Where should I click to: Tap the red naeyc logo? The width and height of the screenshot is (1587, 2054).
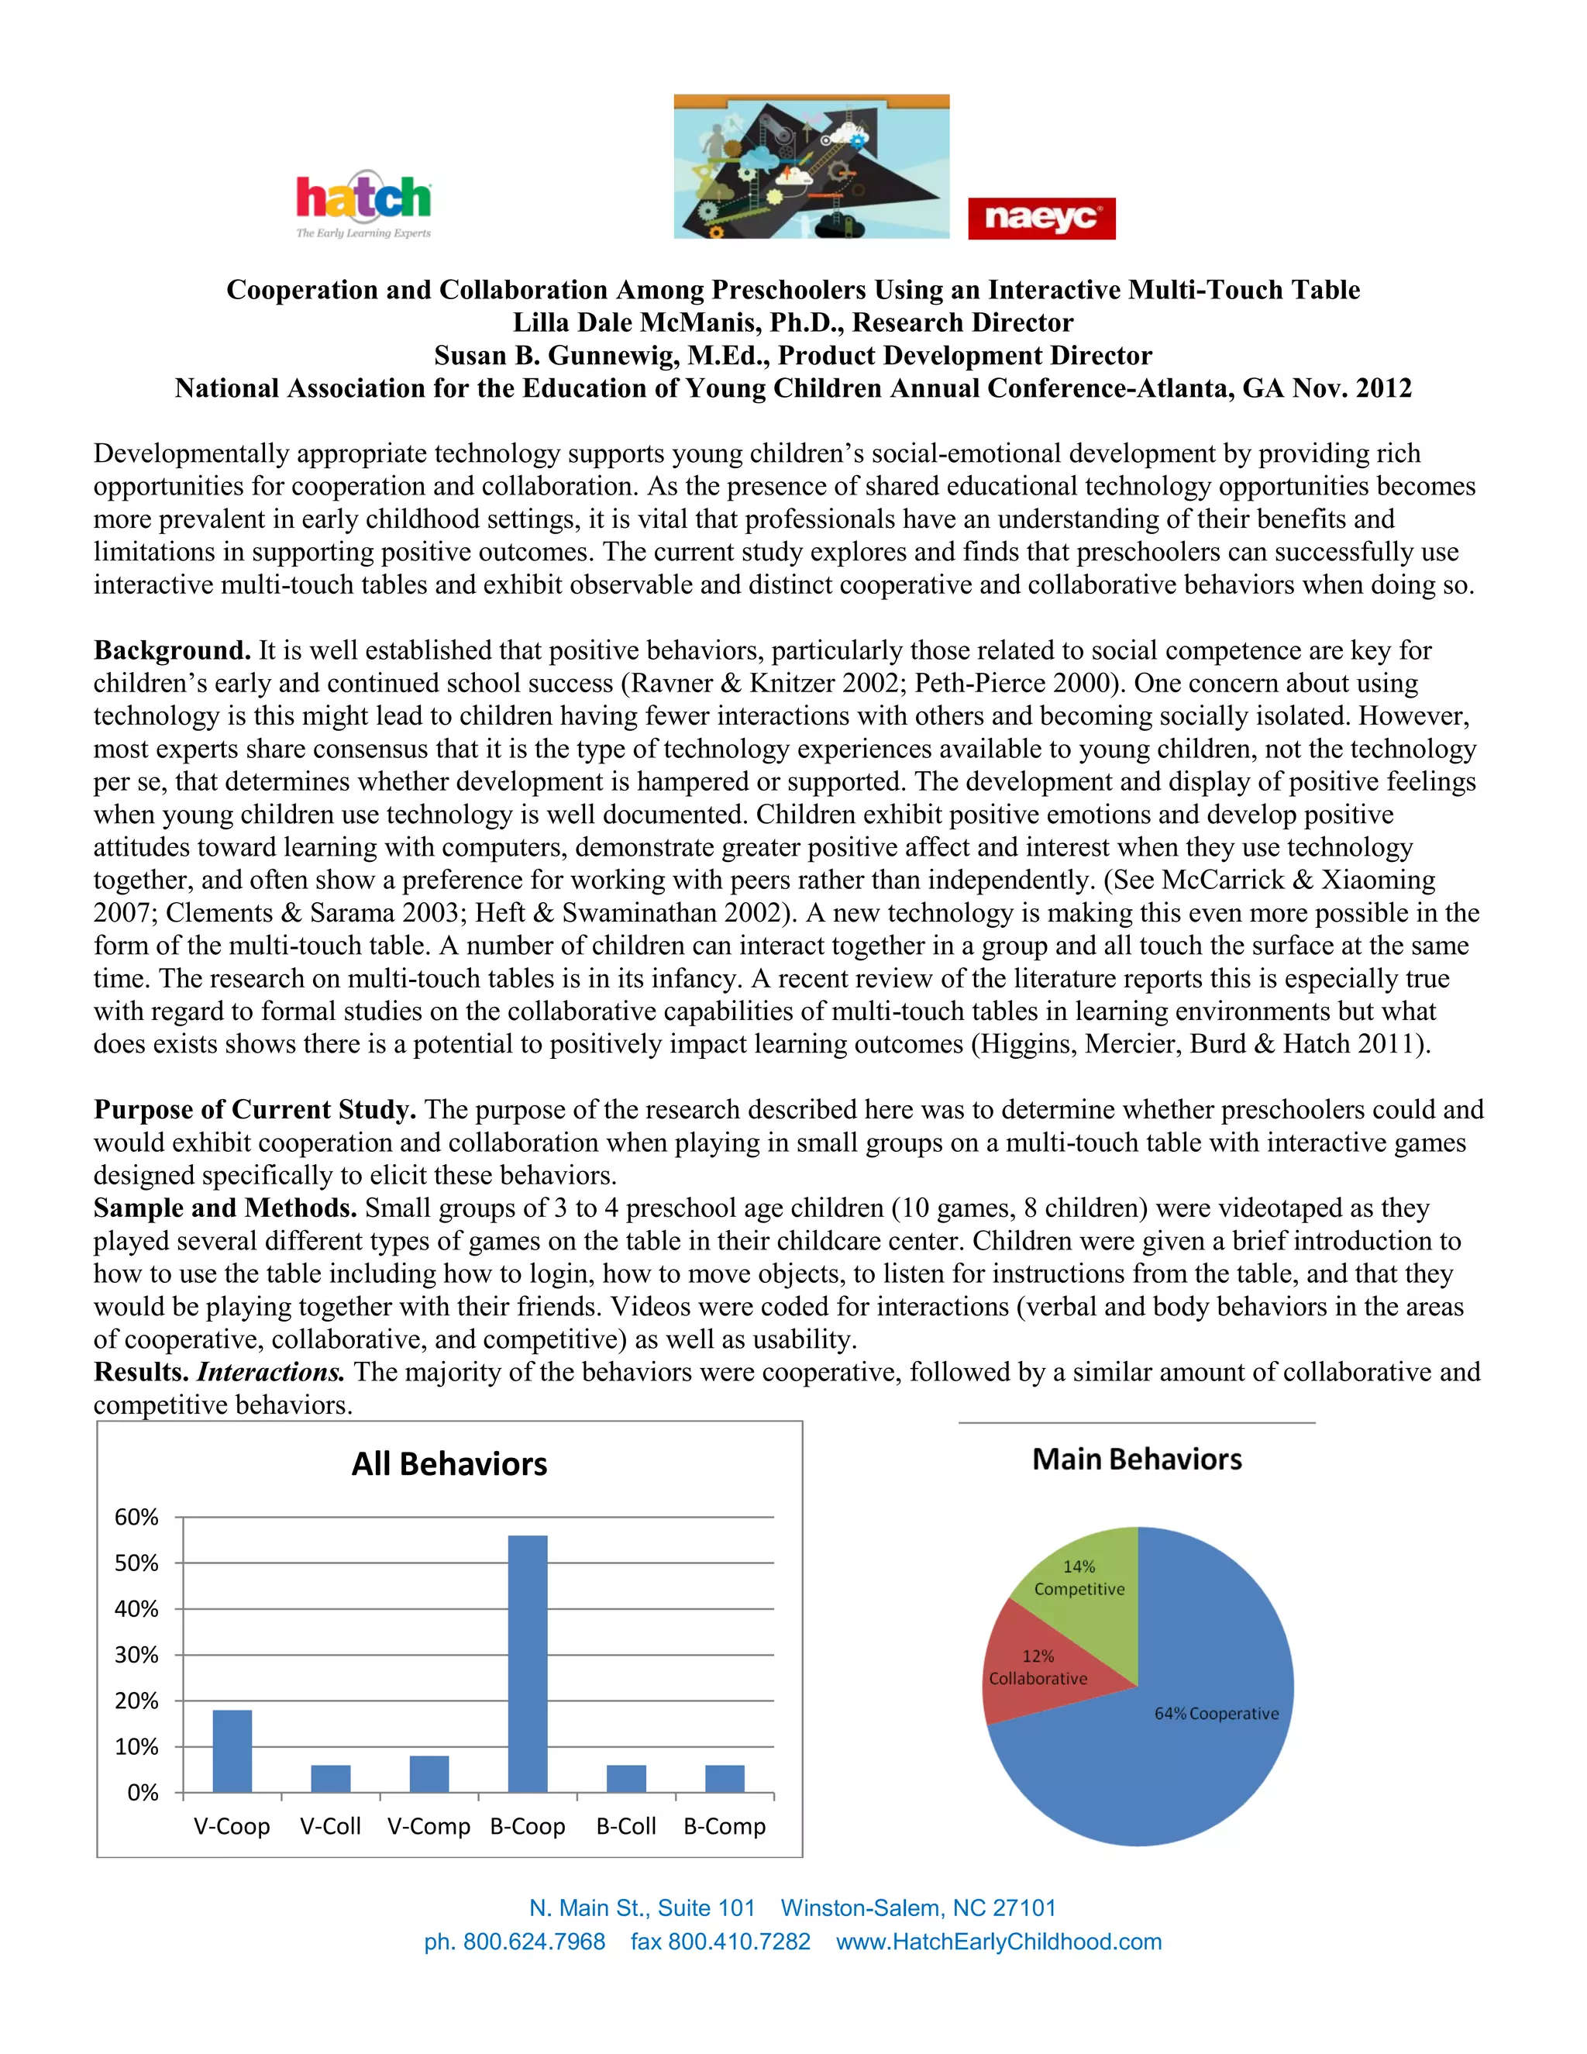[x=1041, y=219]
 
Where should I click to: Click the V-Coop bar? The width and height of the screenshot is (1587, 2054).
[x=232, y=1750]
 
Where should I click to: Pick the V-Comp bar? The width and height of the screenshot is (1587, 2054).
[x=429, y=1773]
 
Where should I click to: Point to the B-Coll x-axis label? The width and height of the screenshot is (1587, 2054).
[x=626, y=1826]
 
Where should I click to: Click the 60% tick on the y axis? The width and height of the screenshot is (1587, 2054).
[x=136, y=1517]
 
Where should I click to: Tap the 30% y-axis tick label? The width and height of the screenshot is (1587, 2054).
[x=136, y=1656]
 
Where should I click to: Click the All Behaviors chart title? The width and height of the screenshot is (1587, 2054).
[x=449, y=1464]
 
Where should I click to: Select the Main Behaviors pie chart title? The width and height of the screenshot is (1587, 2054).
[x=1137, y=1459]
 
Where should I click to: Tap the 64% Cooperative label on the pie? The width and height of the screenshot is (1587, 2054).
[x=1217, y=1714]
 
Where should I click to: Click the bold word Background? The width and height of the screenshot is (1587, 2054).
[x=172, y=651]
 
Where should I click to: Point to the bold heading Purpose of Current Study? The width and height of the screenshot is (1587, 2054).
[x=255, y=1110]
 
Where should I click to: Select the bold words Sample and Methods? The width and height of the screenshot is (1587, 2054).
[x=225, y=1208]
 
